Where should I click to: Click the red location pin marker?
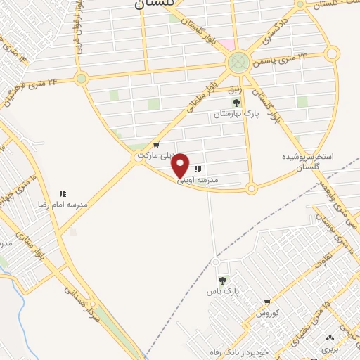tap(181, 166)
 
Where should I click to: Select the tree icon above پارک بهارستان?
tap(236, 103)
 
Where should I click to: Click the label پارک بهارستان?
tap(236, 113)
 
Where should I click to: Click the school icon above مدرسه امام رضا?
tap(63, 193)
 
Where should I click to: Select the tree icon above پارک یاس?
tap(223, 280)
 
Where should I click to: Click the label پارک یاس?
tap(224, 290)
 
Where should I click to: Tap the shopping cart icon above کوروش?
tap(267, 302)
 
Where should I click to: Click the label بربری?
tap(330, 348)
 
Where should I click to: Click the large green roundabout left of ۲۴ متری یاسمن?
tap(238, 63)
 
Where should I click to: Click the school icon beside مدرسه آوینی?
tap(198, 169)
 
